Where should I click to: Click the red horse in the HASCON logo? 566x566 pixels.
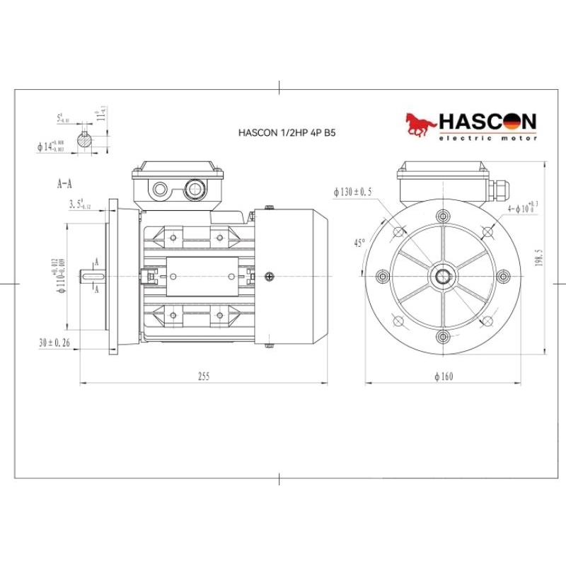[420, 125]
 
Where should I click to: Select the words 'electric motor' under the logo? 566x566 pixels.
[487, 138]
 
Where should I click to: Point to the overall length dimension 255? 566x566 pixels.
[204, 376]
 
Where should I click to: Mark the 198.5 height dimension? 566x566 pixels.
[539, 259]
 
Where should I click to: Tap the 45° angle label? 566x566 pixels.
[359, 242]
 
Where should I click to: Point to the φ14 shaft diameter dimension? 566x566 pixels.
[50, 146]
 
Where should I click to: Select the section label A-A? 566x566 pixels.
[64, 183]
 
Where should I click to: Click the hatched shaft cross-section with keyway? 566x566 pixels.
[86, 139]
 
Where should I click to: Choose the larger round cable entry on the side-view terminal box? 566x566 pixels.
[192, 189]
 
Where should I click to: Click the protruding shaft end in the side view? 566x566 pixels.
[93, 275]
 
